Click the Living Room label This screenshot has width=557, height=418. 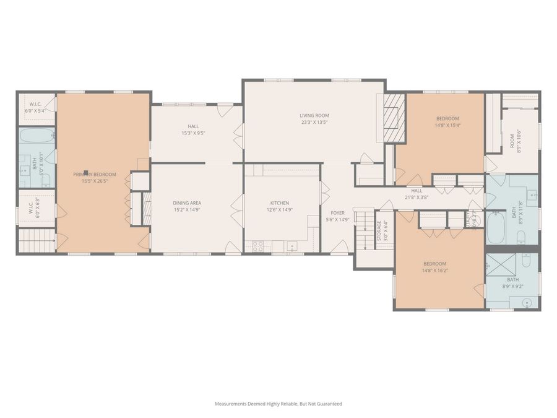[314, 115]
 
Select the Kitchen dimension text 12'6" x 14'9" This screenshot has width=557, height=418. [279, 210]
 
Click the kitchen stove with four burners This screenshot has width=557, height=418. [257, 245]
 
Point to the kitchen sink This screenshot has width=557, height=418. [292, 246]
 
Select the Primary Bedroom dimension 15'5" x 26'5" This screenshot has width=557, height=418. [95, 181]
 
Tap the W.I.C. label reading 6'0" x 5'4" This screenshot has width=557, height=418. [35, 107]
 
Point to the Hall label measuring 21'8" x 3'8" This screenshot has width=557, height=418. [416, 194]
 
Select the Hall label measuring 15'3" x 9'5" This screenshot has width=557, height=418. [193, 129]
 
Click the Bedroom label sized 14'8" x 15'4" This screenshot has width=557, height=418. [447, 121]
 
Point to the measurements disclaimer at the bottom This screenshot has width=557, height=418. [278, 404]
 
